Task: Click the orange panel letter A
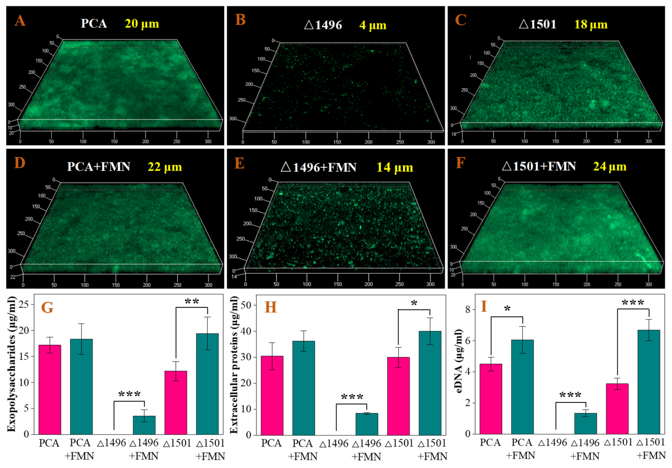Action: pos(20,21)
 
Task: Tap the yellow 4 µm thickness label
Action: pos(373,25)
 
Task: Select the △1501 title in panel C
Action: pos(538,24)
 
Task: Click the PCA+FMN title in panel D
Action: pos(99,167)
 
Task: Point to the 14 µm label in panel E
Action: pos(395,167)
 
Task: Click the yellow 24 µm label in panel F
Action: pos(610,166)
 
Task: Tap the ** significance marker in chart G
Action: pos(192,302)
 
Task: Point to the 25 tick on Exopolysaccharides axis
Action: pos(24,304)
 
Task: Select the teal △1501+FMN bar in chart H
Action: pos(430,383)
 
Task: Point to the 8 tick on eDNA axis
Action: pos(468,309)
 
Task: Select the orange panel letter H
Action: pos(270,307)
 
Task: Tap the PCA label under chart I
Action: pos(491,443)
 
